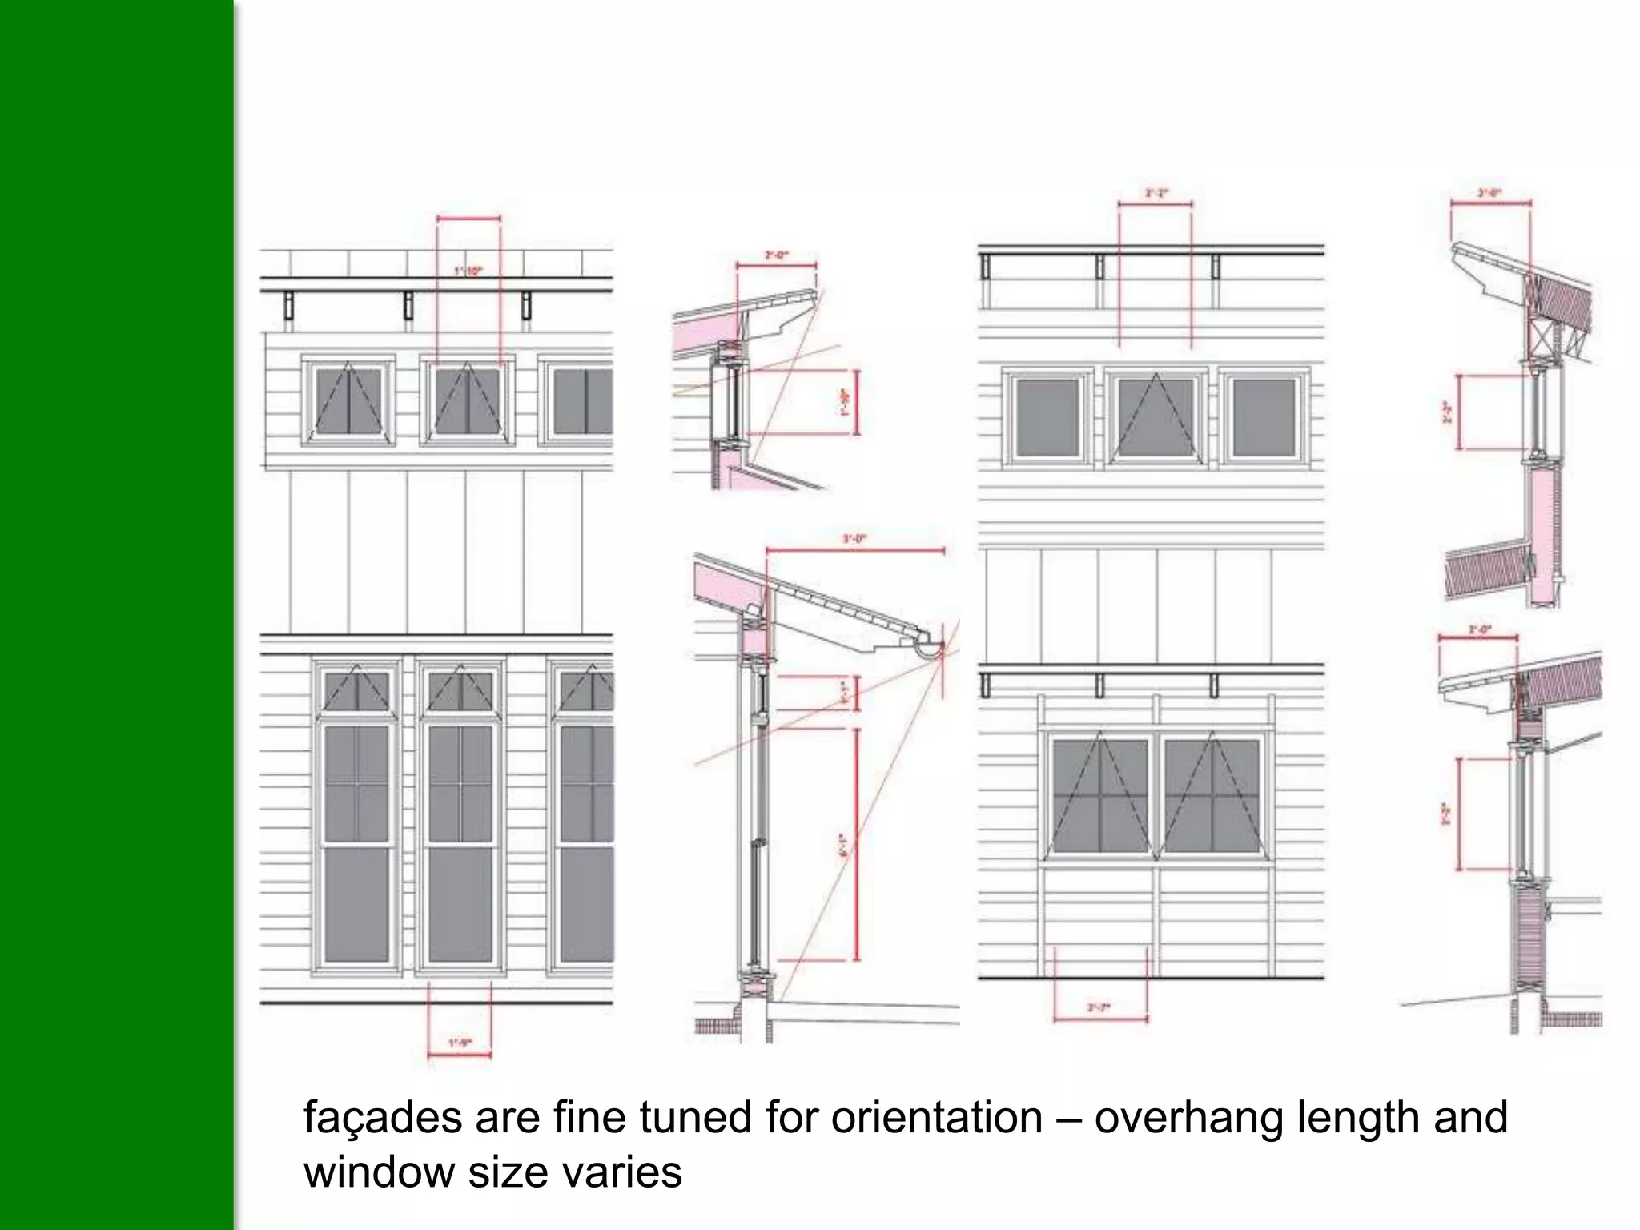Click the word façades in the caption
coord(382,1118)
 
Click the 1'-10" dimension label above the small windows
coord(468,271)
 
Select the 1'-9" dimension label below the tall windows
coord(460,1043)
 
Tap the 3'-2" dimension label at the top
coord(1155,193)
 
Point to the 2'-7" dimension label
coord(1099,1007)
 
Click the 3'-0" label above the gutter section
coord(854,540)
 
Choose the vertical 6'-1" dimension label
coord(842,845)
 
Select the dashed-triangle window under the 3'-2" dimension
coord(1156,418)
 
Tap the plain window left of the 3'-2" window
coord(1047,418)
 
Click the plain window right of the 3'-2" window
coord(1264,418)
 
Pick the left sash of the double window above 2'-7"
coord(1100,796)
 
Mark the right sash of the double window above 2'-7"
coord(1211,796)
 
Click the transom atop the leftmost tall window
coord(356,690)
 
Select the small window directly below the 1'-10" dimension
coord(468,400)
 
